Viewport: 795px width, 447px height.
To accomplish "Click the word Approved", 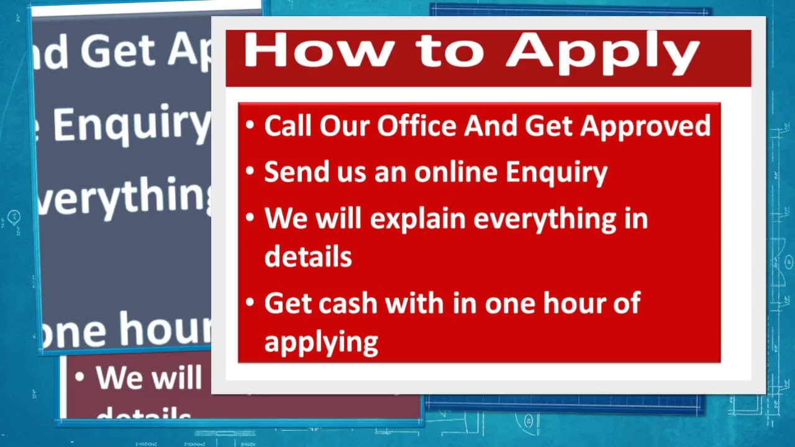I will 645,126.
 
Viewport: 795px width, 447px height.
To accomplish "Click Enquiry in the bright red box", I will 556,173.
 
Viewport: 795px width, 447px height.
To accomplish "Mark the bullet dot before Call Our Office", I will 250,125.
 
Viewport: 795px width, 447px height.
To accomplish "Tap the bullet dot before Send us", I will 250,171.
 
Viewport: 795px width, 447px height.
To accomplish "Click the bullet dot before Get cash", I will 250,303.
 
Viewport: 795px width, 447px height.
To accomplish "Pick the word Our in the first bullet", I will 343,125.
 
